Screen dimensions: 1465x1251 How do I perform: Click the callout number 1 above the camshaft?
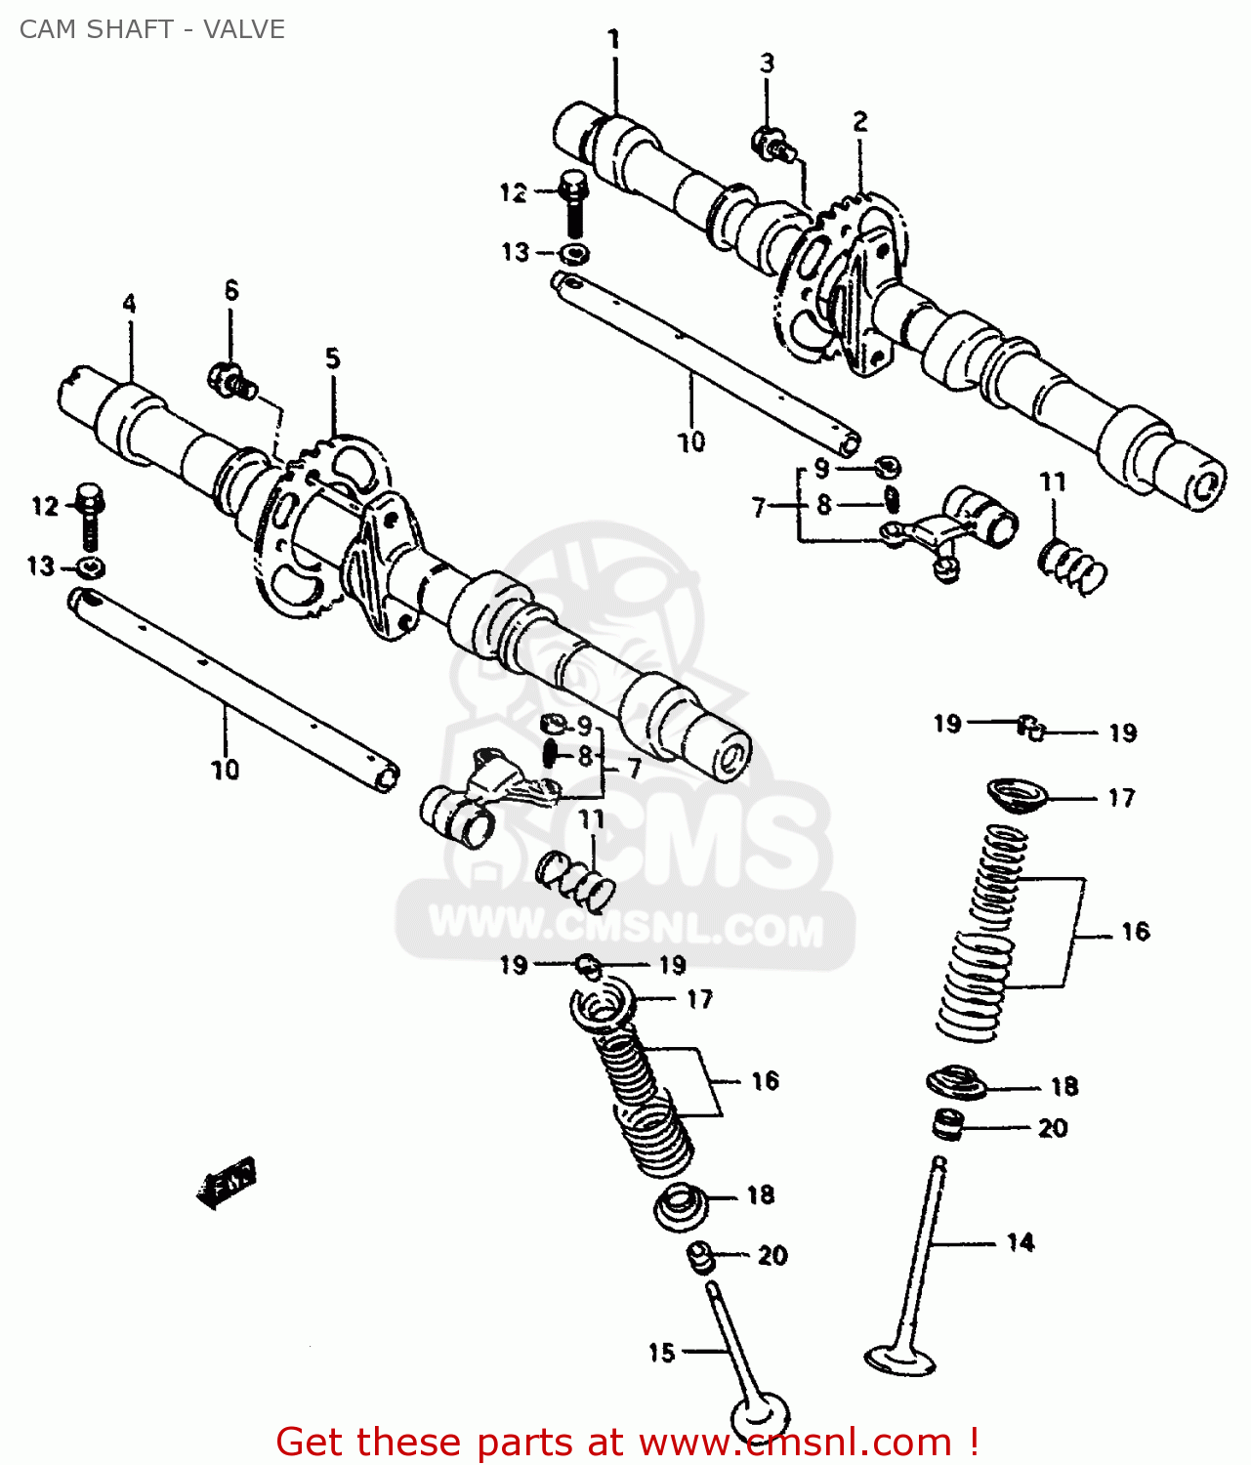614,40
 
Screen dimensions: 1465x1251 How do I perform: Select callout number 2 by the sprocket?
859,121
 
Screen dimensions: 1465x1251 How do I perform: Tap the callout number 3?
767,63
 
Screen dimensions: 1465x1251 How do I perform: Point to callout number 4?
129,304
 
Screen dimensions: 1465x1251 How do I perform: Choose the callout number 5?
333,358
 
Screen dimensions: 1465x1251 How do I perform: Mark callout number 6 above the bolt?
231,290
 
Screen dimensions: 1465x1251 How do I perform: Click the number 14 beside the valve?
1021,1242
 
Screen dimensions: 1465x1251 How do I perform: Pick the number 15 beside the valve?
661,1353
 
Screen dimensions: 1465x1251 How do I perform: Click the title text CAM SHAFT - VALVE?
152,29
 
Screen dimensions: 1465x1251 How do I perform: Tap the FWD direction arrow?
227,1182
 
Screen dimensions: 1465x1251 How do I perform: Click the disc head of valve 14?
900,1359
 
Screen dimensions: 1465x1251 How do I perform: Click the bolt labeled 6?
231,381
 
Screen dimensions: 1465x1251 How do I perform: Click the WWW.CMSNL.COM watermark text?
625,926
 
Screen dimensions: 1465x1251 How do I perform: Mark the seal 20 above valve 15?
700,1257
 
